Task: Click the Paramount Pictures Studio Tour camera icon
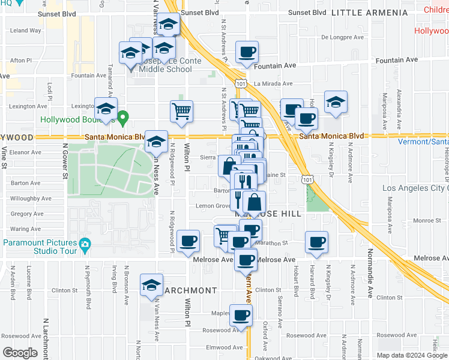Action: coord(85,244)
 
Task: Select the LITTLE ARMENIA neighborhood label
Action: coord(369,13)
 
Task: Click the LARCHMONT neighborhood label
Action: coord(189,290)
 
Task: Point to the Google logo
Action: coord(20,353)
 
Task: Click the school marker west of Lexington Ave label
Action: coord(106,109)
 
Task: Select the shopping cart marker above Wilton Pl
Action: coord(181,110)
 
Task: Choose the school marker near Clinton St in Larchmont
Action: coord(151,285)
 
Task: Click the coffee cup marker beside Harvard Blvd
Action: coord(316,242)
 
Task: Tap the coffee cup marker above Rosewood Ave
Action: coord(241,315)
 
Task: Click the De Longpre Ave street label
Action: coord(343,37)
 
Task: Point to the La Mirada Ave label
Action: coord(273,84)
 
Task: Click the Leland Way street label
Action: coord(25,30)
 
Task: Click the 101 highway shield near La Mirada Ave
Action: coord(241,83)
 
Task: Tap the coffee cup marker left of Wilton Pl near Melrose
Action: coord(188,241)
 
